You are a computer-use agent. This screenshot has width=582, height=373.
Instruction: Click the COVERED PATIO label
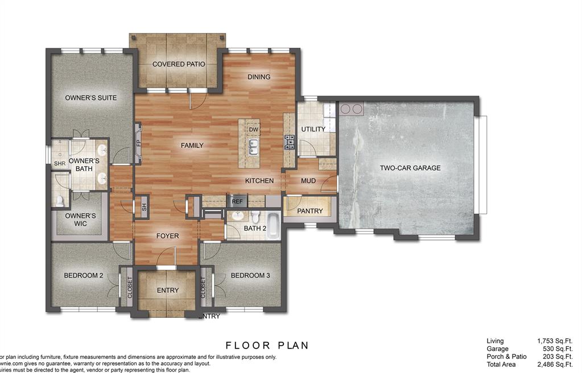tap(179, 64)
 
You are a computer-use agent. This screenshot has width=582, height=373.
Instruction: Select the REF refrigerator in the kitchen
tap(237, 201)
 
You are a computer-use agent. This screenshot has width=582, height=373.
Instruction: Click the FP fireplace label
tap(138, 143)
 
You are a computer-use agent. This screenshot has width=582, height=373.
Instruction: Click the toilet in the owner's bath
tap(60, 200)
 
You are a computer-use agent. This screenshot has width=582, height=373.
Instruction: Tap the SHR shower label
tap(59, 164)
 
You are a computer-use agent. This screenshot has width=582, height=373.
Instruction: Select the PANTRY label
tap(310, 211)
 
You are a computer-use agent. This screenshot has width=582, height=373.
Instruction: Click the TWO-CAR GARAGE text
tap(410, 168)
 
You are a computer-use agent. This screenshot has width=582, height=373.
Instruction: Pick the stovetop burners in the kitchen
tap(289, 142)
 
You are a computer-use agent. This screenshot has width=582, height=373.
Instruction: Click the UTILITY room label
tap(313, 129)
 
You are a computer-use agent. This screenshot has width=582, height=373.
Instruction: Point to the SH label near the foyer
tap(144, 208)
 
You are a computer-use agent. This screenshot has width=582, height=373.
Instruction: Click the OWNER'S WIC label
tap(80, 219)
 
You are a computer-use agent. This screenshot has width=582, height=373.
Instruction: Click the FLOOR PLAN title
tap(267, 345)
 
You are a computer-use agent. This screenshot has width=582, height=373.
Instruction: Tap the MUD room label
tap(308, 181)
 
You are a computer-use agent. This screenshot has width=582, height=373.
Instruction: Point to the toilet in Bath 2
tap(255, 217)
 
